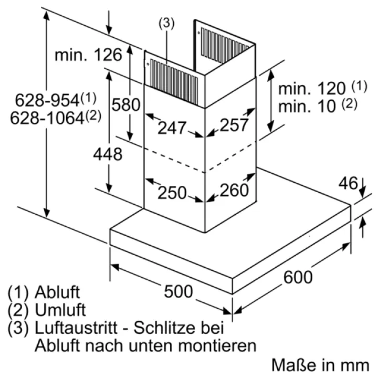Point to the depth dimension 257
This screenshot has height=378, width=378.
click(x=234, y=125)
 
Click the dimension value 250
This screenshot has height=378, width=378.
click(x=172, y=193)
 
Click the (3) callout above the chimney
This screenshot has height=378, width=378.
click(x=166, y=24)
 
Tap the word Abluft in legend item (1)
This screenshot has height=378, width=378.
click(x=58, y=292)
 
